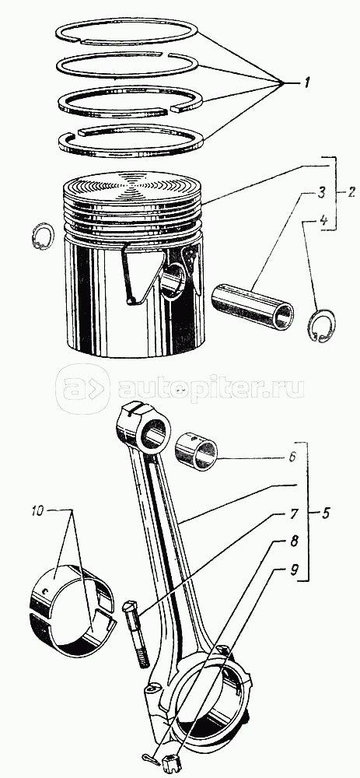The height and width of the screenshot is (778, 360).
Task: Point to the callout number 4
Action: (323, 220)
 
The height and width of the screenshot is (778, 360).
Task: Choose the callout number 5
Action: (325, 512)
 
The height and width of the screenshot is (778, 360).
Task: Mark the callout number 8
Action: (294, 541)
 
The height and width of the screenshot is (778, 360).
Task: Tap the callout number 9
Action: (294, 569)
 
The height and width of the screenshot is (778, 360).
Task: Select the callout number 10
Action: (38, 510)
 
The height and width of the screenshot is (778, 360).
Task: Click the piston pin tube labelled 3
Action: (253, 306)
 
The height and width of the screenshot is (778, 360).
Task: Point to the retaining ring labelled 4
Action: (321, 325)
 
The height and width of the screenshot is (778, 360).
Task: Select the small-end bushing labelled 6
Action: (197, 451)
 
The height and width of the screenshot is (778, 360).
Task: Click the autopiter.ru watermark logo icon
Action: (82, 390)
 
